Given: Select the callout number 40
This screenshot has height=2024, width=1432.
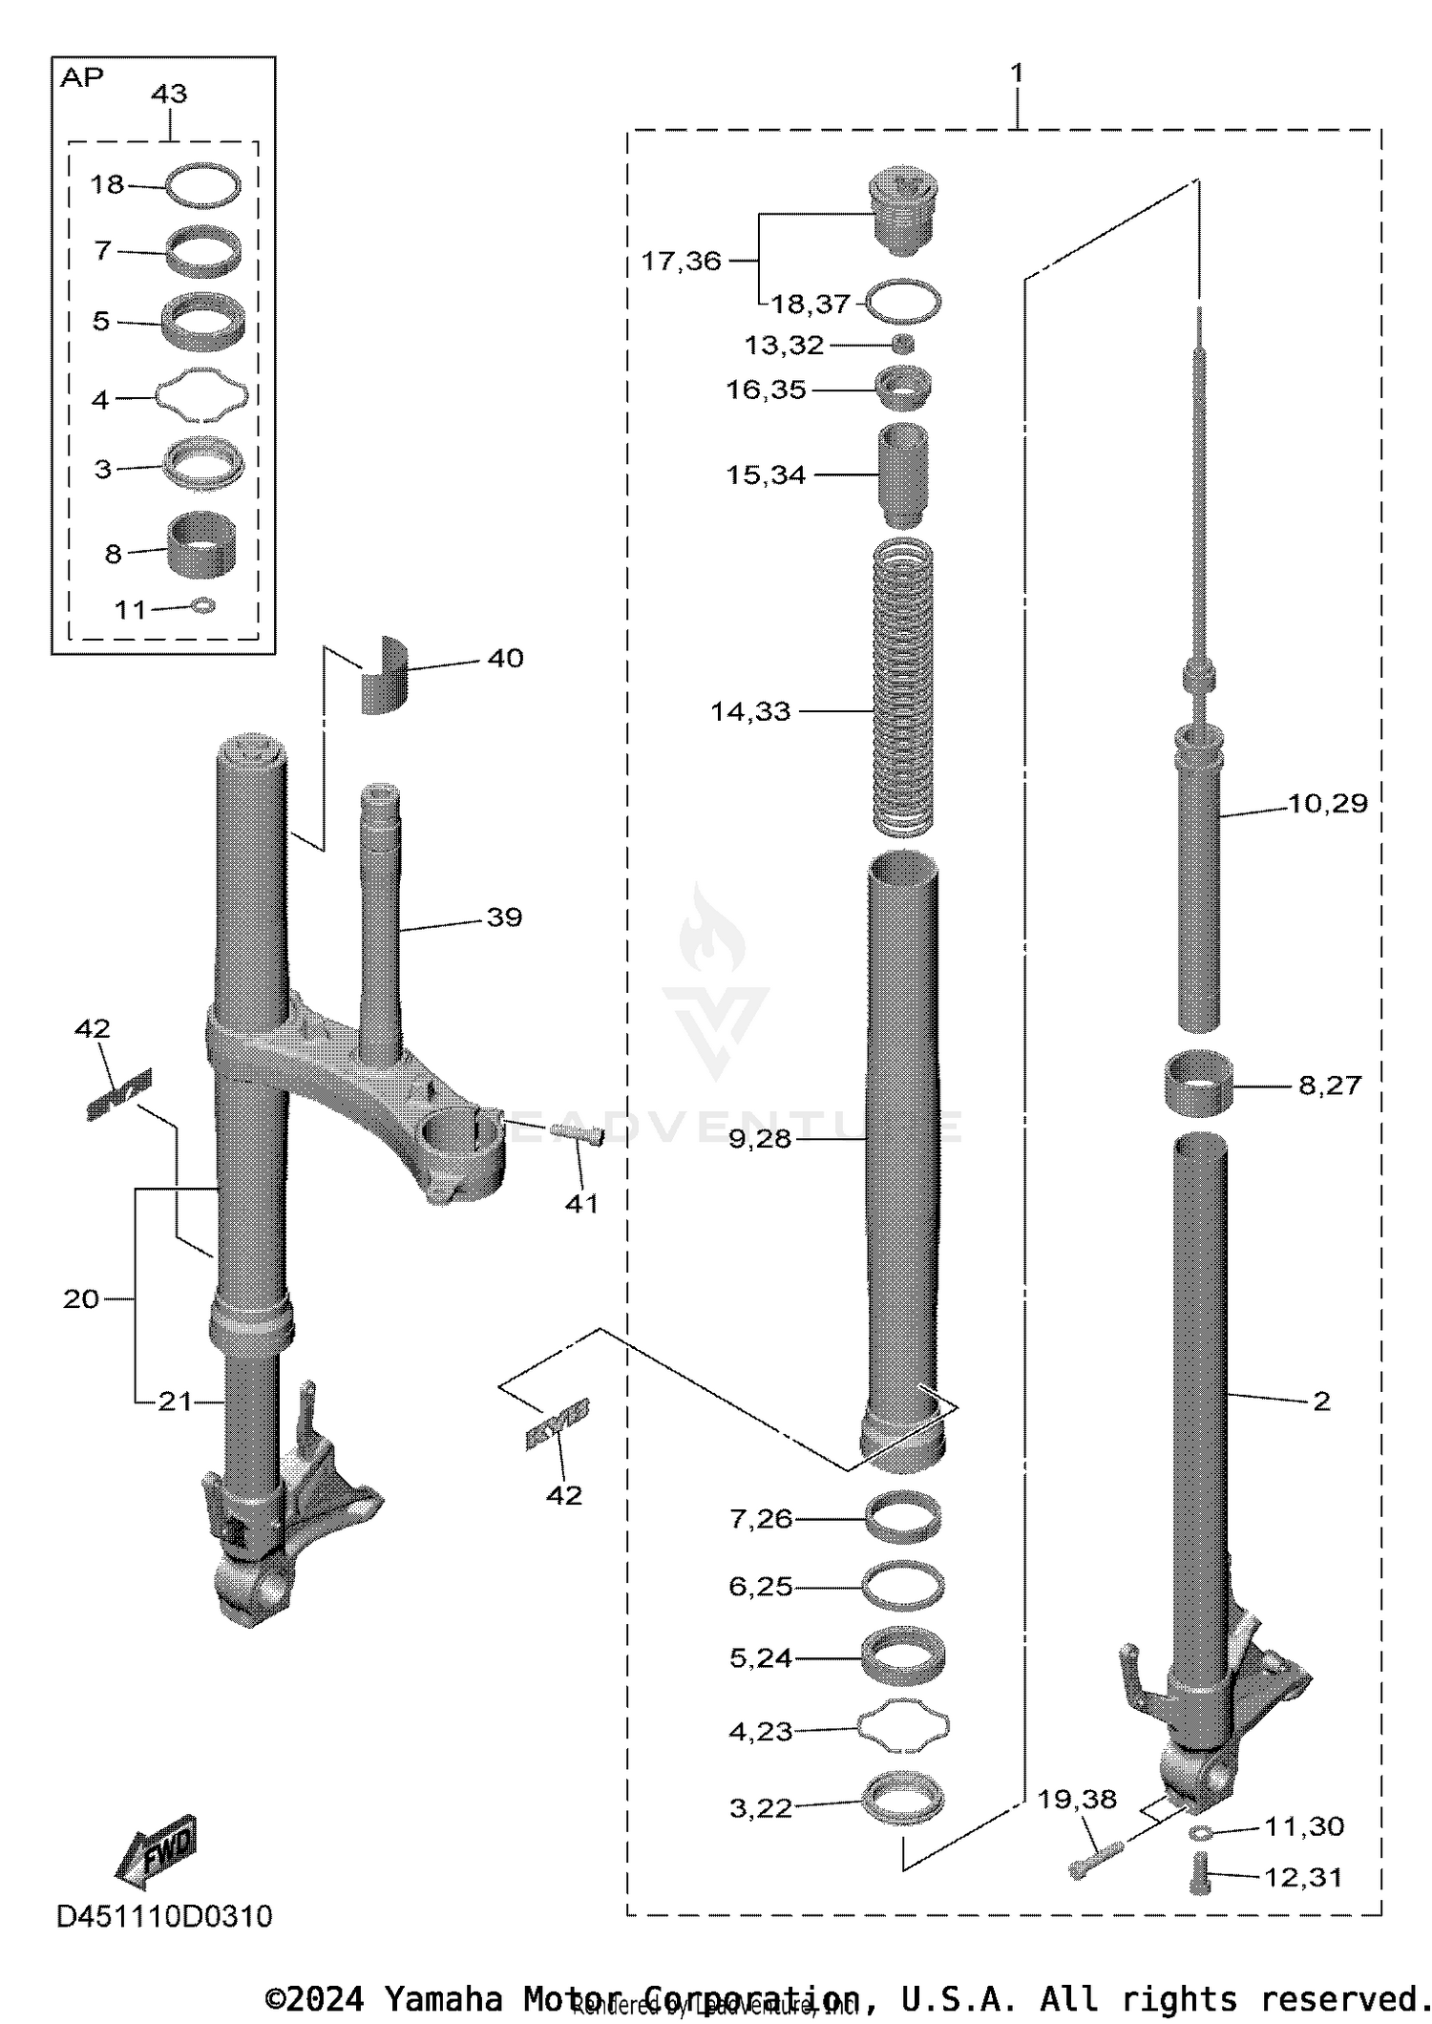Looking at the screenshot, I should tap(505, 659).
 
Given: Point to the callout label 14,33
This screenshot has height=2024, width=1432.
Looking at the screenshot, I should tap(750, 711).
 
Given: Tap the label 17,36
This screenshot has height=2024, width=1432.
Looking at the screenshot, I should tap(681, 261).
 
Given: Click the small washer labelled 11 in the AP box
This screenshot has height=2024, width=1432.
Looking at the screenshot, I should tap(203, 605).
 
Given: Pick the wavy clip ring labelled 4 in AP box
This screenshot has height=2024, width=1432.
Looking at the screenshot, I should tap(202, 393).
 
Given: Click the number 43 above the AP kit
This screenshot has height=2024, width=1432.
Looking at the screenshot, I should tap(169, 94).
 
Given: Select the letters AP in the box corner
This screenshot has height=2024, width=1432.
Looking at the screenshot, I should tap(81, 78).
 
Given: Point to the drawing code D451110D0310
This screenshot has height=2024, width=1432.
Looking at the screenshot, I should tap(164, 1915).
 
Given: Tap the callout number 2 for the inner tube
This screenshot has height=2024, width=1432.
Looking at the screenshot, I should tap(1321, 1401).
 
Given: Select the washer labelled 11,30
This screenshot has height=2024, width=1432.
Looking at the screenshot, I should tap(1200, 1832).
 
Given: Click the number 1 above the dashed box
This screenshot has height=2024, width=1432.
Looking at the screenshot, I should tap(1017, 74).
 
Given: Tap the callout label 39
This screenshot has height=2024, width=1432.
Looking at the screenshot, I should tap(504, 917).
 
